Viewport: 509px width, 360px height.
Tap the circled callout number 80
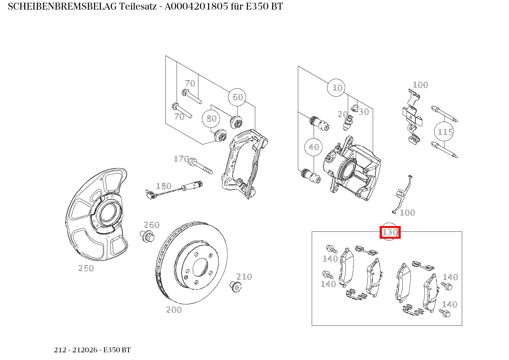click(211, 119)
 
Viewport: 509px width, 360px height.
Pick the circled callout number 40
click(314, 147)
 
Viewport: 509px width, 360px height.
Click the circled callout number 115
click(444, 132)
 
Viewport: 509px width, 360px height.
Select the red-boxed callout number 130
click(390, 232)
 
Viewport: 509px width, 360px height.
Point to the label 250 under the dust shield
click(86, 268)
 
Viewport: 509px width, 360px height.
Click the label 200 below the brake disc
click(174, 310)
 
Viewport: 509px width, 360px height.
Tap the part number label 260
click(152, 225)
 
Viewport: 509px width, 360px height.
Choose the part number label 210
click(244, 277)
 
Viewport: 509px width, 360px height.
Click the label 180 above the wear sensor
click(164, 186)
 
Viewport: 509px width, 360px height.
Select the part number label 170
click(181, 159)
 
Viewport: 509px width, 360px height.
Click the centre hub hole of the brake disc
click(200, 268)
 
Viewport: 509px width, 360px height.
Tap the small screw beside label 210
click(235, 286)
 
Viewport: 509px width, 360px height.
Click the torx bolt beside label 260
click(147, 236)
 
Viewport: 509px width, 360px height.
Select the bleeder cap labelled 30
click(354, 108)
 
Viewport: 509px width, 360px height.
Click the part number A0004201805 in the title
click(196, 7)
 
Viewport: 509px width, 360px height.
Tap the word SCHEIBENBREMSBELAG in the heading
click(62, 7)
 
